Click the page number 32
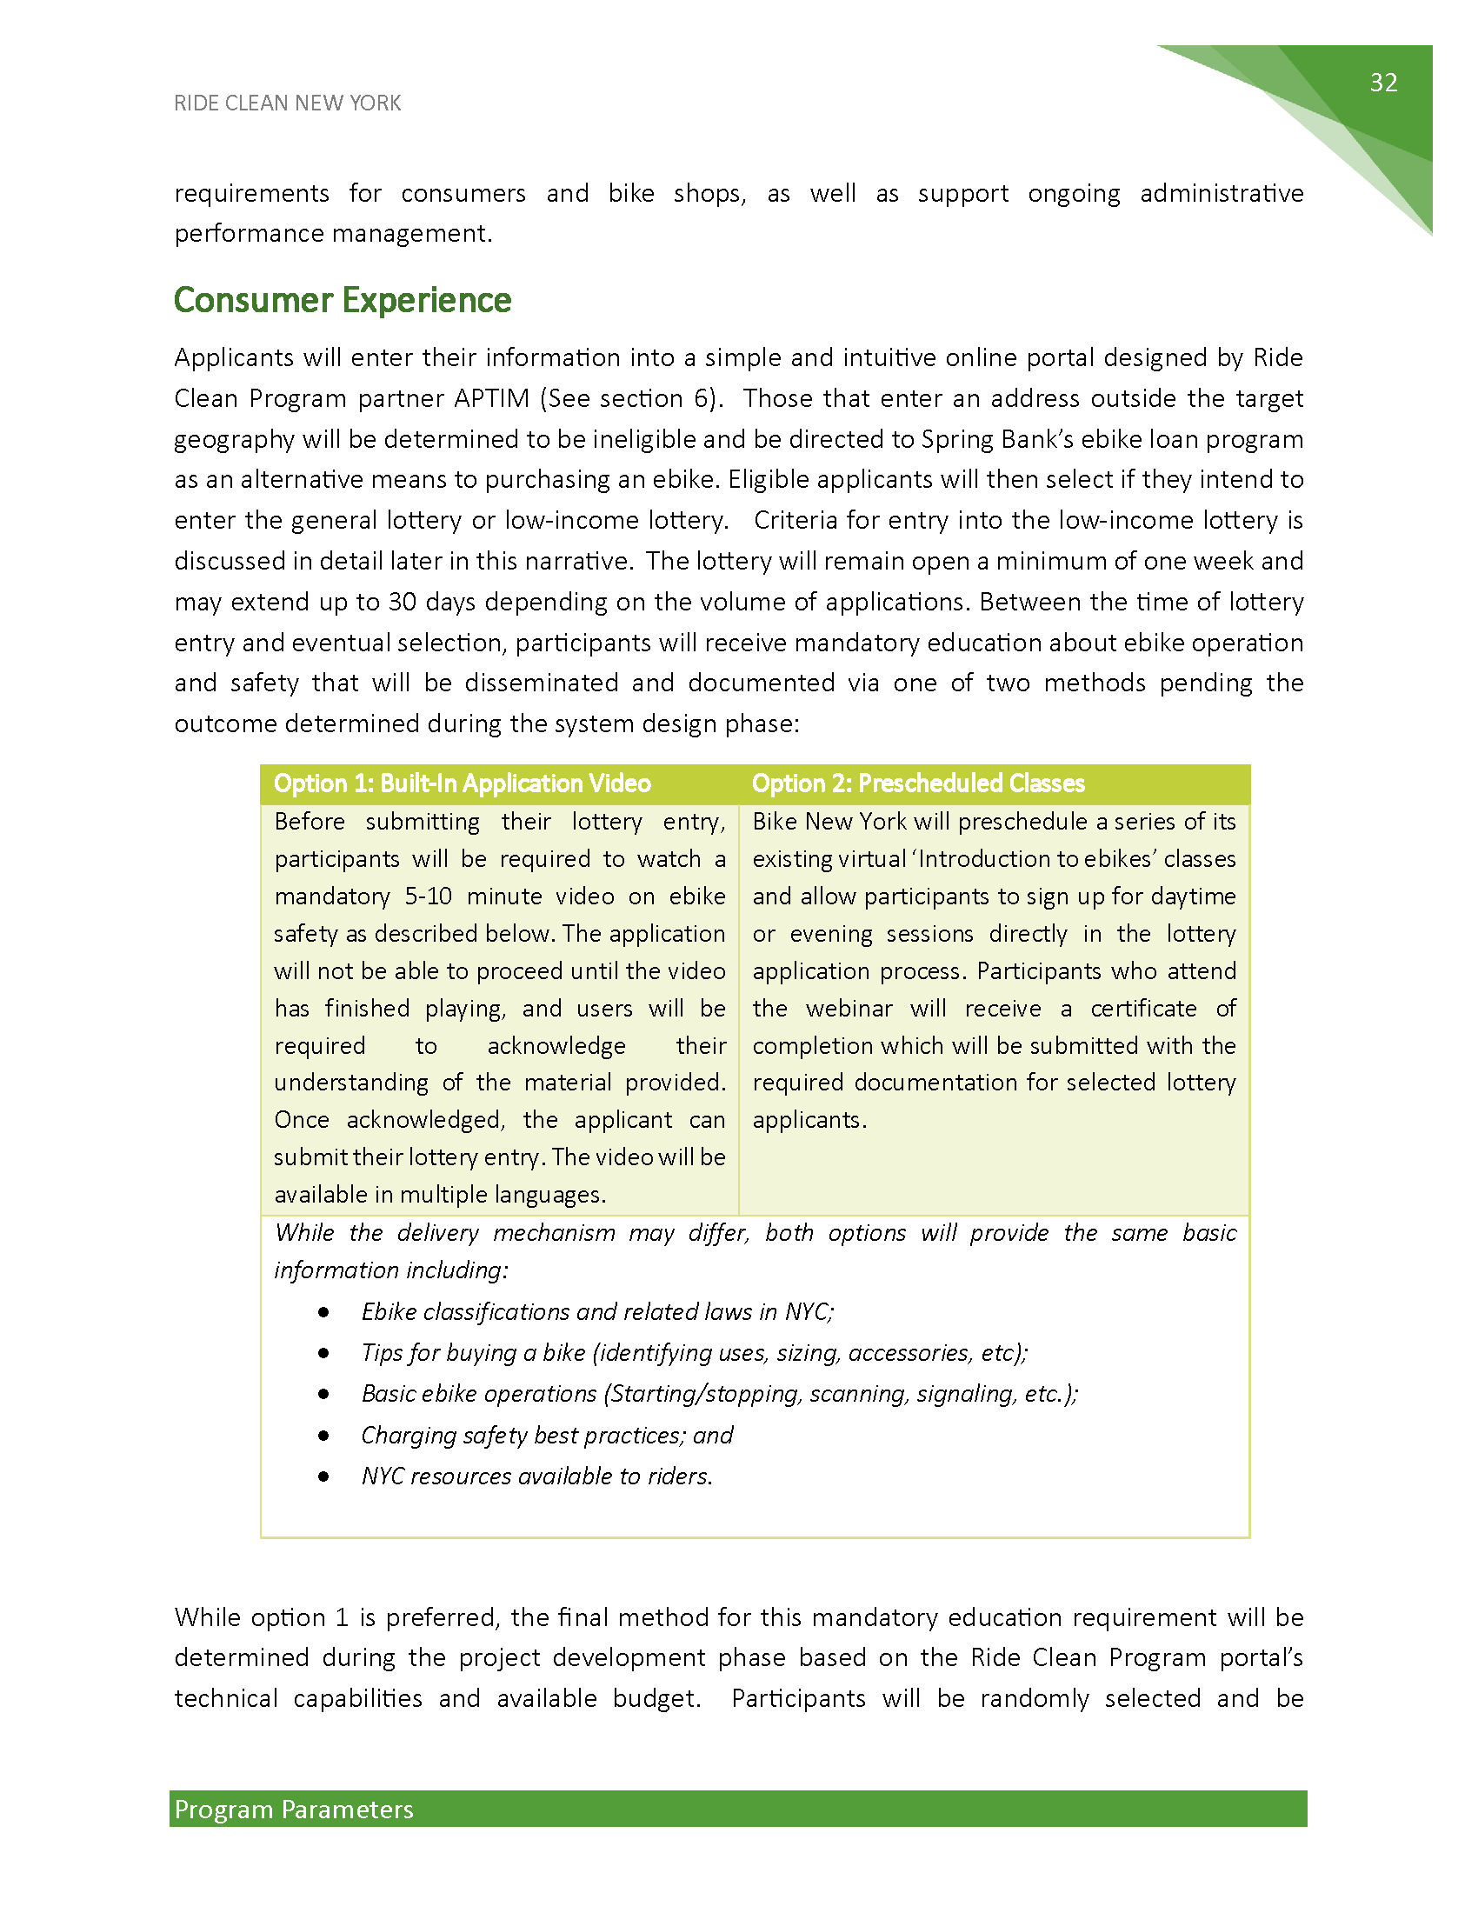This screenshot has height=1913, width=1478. pyautogui.click(x=1383, y=83)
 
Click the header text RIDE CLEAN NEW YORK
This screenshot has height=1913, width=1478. pyautogui.click(x=287, y=103)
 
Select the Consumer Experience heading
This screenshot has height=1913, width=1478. pyautogui.click(x=343, y=301)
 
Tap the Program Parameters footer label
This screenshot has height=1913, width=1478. pyautogui.click(x=294, y=1810)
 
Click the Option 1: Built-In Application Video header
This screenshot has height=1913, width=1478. pyautogui.click(x=463, y=783)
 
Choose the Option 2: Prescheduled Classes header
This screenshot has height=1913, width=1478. pyautogui.click(x=917, y=783)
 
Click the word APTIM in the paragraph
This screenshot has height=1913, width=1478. pyautogui.click(x=491, y=398)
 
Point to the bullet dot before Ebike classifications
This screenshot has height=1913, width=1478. pyautogui.click(x=324, y=1312)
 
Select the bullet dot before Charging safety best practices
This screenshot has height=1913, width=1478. pyautogui.click(x=324, y=1436)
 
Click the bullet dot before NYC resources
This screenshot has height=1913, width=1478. pyautogui.click(x=324, y=1476)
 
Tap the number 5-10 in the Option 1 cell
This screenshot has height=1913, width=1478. pyautogui.click(x=428, y=896)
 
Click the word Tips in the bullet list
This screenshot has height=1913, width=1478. pyautogui.click(x=382, y=1353)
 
